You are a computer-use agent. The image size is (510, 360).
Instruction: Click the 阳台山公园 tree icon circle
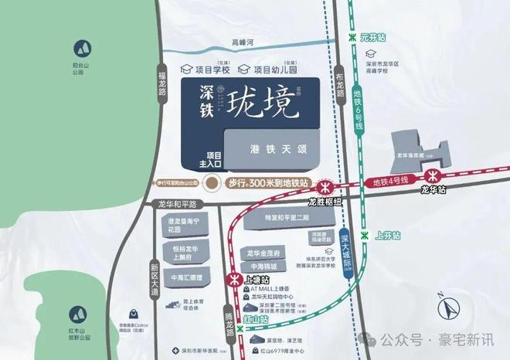(79, 47)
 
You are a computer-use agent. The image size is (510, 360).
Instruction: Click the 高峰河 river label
(233, 44)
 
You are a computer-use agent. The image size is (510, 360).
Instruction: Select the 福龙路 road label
(162, 81)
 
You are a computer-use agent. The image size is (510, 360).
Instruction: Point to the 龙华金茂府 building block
(267, 253)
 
